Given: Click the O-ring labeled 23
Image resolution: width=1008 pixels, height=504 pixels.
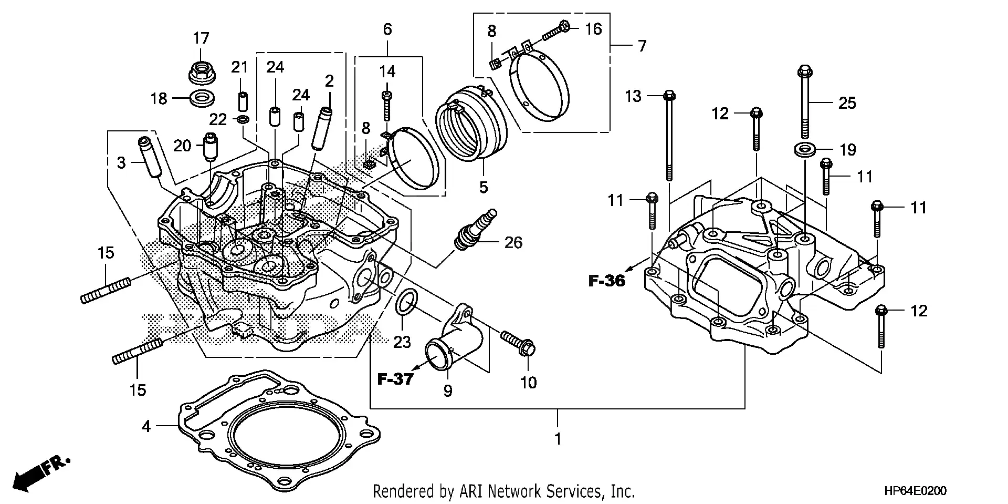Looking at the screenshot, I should pyautogui.click(x=407, y=304).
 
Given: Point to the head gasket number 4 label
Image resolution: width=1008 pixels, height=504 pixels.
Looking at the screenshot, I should pyautogui.click(x=146, y=426).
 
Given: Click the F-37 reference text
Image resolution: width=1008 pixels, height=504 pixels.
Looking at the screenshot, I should pyautogui.click(x=395, y=379).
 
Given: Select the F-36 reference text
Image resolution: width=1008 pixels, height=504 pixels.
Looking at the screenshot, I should pyautogui.click(x=606, y=281).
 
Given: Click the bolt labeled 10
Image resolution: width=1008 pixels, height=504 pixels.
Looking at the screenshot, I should pyautogui.click(x=518, y=342).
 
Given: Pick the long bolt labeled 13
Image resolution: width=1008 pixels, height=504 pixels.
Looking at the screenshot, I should pyautogui.click(x=669, y=137).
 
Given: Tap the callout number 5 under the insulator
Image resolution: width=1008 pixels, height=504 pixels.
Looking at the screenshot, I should pyautogui.click(x=484, y=187).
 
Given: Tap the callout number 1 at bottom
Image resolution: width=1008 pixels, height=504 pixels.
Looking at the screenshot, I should pyautogui.click(x=558, y=438).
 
